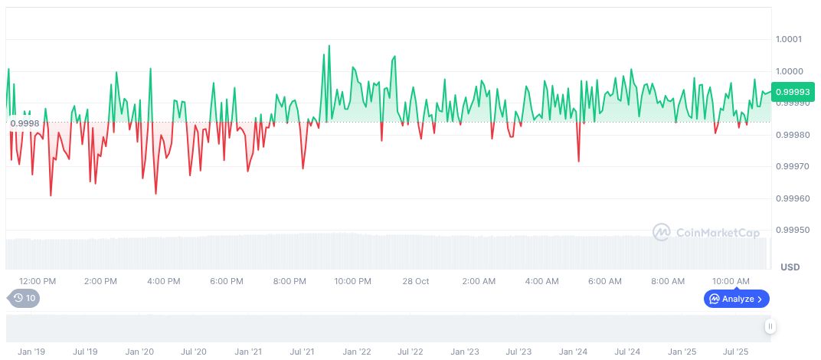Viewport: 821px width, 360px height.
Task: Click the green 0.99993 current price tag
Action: pyautogui.click(x=793, y=92)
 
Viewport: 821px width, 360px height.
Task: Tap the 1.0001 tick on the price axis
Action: pyautogui.click(x=788, y=39)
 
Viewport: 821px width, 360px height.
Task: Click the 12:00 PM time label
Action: pyautogui.click(x=38, y=281)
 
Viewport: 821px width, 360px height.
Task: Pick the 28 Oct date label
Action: pyautogui.click(x=416, y=281)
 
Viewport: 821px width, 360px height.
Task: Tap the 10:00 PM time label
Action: pyautogui.click(x=352, y=281)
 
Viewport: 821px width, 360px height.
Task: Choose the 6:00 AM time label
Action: pyautogui.click(x=605, y=281)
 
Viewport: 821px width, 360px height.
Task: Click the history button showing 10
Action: pyautogui.click(x=25, y=299)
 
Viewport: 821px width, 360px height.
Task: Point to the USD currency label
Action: pyautogui.click(x=790, y=267)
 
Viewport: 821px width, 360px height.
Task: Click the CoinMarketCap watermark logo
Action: pyautogui.click(x=706, y=232)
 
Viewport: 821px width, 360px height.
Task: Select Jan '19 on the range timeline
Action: pyautogui.click(x=31, y=352)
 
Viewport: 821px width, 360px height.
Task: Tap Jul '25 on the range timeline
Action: pyautogui.click(x=737, y=352)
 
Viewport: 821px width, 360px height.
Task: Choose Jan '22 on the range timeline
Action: pyautogui.click(x=357, y=352)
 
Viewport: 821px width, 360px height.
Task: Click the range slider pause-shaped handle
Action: pyautogui.click(x=770, y=326)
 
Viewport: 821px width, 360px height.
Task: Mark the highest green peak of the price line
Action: pyautogui.click(x=329, y=46)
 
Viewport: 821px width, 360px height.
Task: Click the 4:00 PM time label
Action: pyautogui.click(x=163, y=281)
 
